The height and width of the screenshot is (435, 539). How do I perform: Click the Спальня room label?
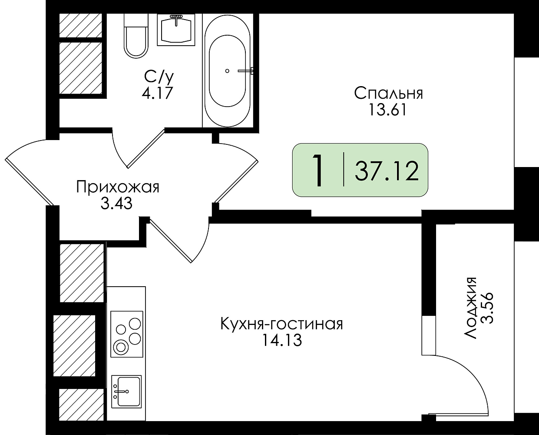[x=388, y=94]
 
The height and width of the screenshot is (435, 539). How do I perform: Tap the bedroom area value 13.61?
[x=387, y=110]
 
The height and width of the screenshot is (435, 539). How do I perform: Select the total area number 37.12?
[x=387, y=171]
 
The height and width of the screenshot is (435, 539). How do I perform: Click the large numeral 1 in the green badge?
[x=318, y=171]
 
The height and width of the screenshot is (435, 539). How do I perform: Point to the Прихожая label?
[x=118, y=188]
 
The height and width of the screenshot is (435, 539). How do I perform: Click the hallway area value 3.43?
[x=116, y=204]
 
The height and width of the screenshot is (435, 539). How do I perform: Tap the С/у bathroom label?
[x=159, y=77]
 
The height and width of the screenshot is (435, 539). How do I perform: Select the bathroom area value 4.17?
[x=157, y=93]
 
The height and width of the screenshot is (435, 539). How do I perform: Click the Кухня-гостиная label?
[x=281, y=324]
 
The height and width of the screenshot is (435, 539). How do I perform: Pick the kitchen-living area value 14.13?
[x=282, y=340]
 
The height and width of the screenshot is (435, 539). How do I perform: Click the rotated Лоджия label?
[x=470, y=308]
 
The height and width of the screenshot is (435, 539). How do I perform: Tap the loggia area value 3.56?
[x=487, y=308]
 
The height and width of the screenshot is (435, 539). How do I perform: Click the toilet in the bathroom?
[x=136, y=36]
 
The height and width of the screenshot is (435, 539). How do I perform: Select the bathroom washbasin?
[x=176, y=30]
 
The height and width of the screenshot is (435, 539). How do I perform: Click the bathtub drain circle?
[x=227, y=71]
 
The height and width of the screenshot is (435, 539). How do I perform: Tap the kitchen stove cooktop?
[x=127, y=334]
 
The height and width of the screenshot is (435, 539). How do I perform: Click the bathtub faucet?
[x=246, y=71]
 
